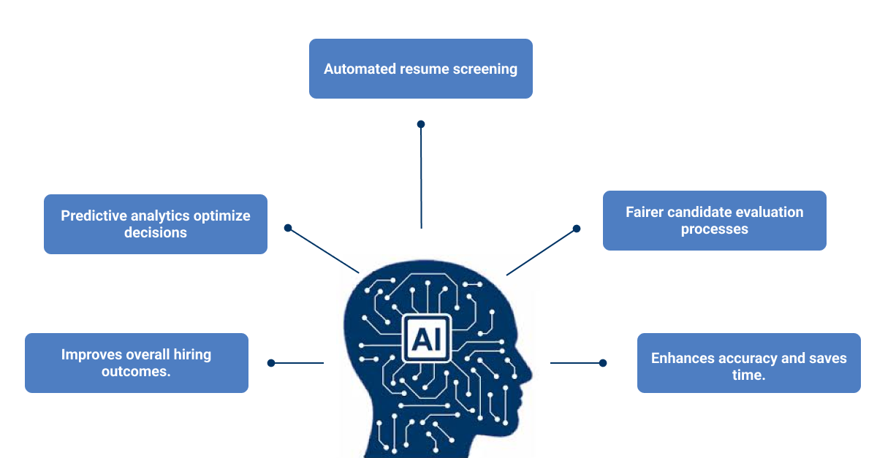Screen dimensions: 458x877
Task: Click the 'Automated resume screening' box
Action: click(420, 69)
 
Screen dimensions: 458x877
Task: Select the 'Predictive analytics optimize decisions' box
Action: click(155, 224)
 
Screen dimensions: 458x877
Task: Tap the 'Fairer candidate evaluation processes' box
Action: click(714, 221)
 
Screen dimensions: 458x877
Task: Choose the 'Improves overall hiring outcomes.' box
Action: click(136, 363)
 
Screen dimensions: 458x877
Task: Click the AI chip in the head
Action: click(426, 337)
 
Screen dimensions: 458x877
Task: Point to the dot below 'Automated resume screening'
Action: click(421, 124)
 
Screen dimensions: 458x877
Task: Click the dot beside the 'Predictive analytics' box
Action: click(288, 228)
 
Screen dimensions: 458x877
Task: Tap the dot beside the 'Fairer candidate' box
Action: click(577, 229)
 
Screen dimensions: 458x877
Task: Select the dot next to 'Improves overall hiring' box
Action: click(271, 363)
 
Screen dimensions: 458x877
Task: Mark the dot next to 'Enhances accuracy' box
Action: click(603, 363)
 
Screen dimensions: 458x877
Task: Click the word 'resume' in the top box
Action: click(423, 69)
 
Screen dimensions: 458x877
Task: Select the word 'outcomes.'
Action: click(136, 372)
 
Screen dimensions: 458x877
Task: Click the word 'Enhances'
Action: click(683, 359)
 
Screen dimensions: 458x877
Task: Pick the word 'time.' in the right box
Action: click(748, 375)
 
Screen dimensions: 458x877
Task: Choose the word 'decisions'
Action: click(155, 233)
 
